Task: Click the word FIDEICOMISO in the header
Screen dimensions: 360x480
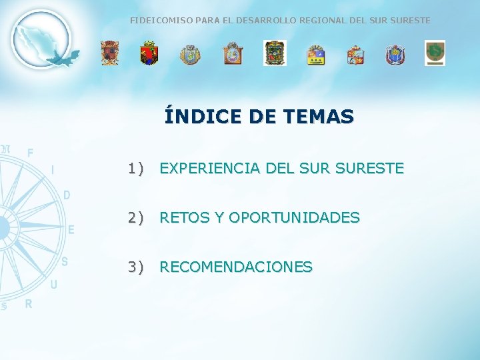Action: point(155,21)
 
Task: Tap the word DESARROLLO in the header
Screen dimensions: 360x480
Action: point(256,21)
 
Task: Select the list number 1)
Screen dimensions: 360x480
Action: point(136,169)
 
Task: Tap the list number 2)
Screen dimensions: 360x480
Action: point(136,218)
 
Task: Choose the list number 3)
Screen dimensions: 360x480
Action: point(136,267)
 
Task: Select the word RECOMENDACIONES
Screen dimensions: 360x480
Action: point(236,267)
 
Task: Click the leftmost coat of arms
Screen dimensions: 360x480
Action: point(109,53)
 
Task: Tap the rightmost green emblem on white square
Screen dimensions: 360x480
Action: point(435,53)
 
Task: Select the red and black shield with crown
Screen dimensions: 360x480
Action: point(149,53)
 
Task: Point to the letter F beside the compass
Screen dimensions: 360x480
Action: point(30,153)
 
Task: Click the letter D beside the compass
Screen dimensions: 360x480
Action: point(66,195)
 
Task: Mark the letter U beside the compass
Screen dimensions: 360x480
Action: point(53,285)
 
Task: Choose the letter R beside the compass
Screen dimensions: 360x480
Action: point(29,304)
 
